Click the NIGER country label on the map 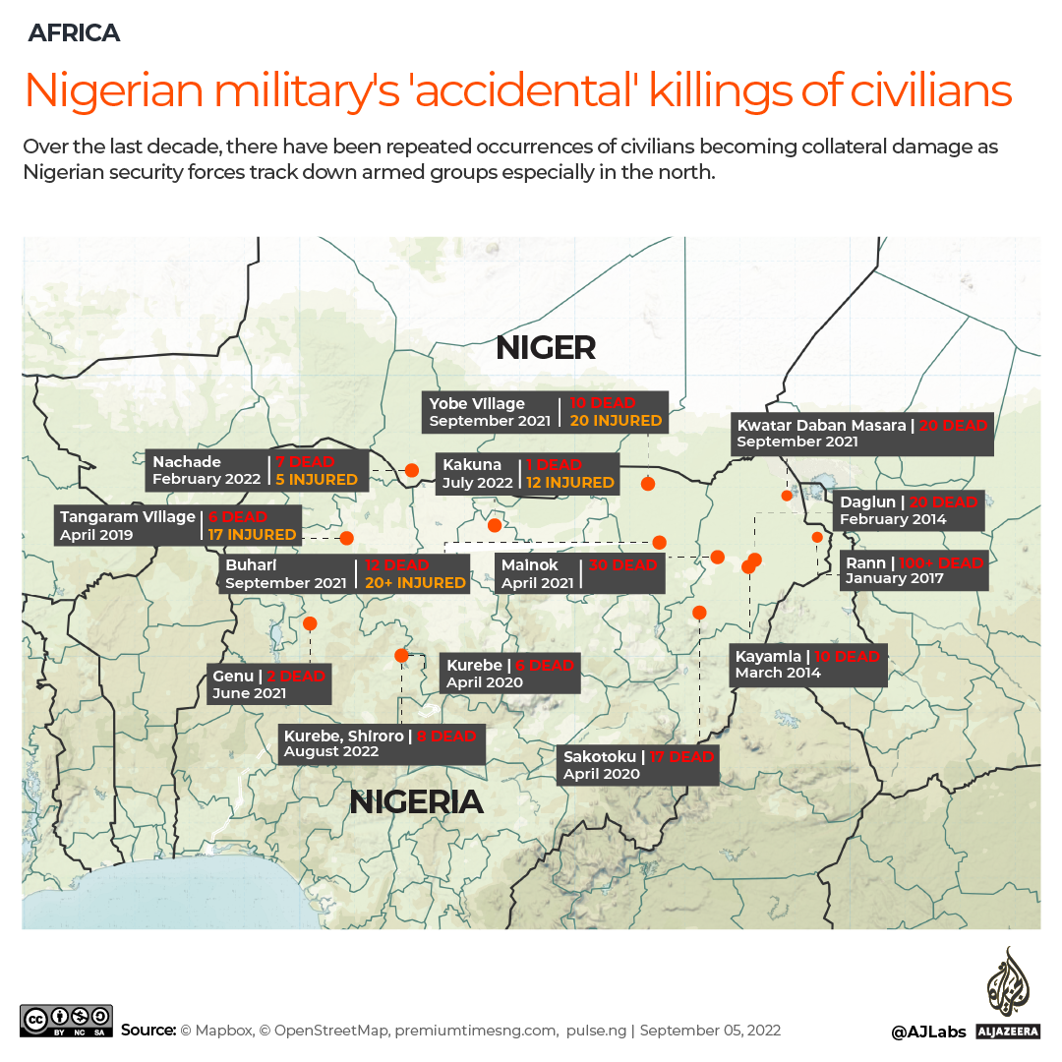546,347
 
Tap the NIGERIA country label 417,801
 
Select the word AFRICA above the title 74,32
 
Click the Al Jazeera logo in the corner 1007,993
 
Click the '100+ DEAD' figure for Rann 941,563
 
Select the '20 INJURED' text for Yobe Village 616,421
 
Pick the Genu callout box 269,684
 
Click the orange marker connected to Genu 310,623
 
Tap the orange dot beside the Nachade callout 412,470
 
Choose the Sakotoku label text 599,757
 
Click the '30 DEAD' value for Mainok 622,565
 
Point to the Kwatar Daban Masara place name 821,426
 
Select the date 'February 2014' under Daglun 893,519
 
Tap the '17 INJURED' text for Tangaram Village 252,535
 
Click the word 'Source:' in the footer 147,1031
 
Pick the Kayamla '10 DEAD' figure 848,657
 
